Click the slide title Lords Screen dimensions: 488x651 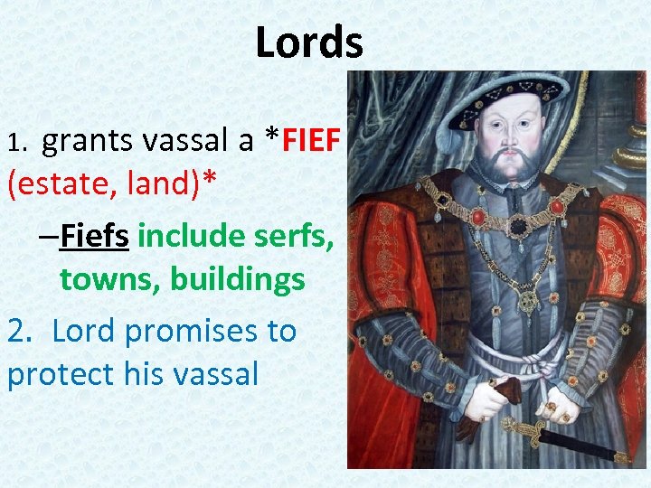pyautogui.click(x=309, y=42)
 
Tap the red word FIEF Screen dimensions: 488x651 pyautogui.click(x=312, y=141)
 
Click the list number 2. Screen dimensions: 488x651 pyautogui.click(x=17, y=331)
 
